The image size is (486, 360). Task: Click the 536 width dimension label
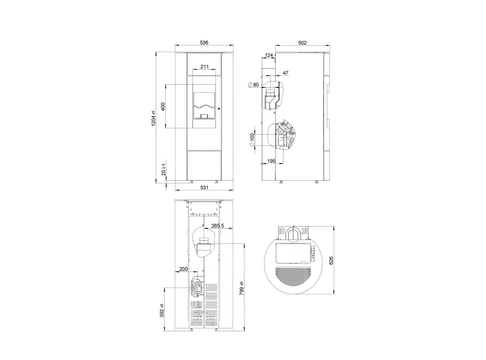tap(204, 42)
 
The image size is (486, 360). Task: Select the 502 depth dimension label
tap(302, 43)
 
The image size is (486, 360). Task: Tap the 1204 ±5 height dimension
tap(153, 118)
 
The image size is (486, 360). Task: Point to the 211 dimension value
tap(204, 66)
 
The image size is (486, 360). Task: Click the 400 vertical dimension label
tap(163, 107)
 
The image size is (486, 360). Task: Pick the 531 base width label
tap(204, 187)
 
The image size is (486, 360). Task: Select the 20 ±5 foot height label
tap(163, 170)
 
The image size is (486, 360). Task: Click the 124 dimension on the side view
tap(269, 55)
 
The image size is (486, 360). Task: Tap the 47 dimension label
tap(286, 73)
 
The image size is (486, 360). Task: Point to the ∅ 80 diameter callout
tap(254, 85)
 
